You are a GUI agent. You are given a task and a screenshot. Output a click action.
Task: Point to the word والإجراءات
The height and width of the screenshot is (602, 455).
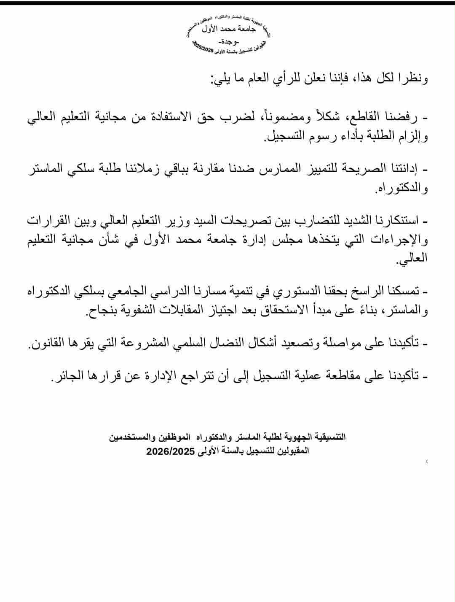[402, 241]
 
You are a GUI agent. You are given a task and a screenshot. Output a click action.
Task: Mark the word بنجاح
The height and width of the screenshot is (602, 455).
[99, 311]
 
